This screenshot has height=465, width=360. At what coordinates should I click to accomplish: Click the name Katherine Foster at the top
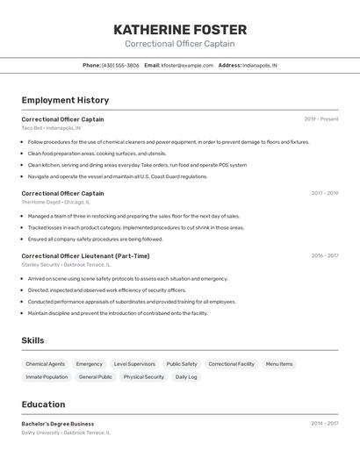(179, 29)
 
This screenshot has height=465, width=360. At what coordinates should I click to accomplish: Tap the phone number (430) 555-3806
(120, 65)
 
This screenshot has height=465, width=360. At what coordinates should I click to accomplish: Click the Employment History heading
(65, 100)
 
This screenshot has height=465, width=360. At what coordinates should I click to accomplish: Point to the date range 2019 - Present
(321, 118)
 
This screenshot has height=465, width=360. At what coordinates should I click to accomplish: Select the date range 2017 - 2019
(324, 193)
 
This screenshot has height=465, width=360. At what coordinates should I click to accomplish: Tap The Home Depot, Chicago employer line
(54, 202)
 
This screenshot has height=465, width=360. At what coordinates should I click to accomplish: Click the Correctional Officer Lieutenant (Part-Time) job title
(85, 256)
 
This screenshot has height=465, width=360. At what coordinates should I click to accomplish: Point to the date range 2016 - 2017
(324, 256)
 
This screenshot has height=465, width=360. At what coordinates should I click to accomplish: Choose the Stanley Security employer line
(66, 264)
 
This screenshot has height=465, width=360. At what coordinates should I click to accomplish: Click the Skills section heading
(32, 340)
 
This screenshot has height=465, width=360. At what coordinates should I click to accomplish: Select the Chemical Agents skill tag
(45, 363)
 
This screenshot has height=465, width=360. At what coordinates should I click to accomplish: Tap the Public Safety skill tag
(182, 363)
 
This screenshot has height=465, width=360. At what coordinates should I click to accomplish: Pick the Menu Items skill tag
(279, 363)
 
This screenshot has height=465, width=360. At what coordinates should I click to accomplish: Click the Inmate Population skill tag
(47, 377)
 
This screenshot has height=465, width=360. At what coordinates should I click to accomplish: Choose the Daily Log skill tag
(186, 377)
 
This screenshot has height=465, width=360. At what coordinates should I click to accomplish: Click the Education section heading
(43, 404)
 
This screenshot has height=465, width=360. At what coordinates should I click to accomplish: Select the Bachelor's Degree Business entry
(57, 424)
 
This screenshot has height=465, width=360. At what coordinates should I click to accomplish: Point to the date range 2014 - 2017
(324, 424)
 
